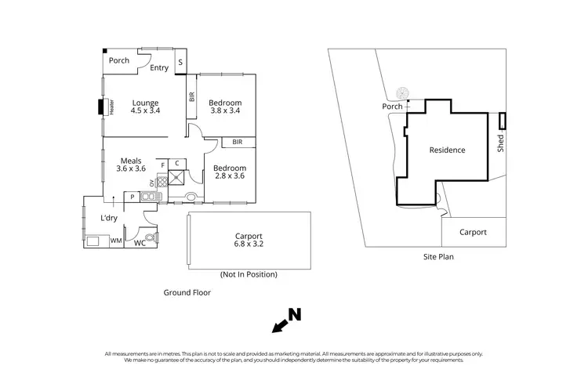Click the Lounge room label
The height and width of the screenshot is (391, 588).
pos(145,107)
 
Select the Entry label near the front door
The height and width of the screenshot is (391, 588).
pos(159,68)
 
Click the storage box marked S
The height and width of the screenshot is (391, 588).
pos(180,62)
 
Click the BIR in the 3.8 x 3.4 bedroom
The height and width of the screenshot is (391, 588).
pos(192,98)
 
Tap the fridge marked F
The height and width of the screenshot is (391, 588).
pos(162,165)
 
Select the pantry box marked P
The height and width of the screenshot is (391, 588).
pos(132,197)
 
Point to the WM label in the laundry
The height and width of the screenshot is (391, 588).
pos(115,241)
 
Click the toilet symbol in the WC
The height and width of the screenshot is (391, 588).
pos(151,237)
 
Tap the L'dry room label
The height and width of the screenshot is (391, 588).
pos(109,219)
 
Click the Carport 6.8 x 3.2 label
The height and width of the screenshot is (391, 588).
pos(248,240)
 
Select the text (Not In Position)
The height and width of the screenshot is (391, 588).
pos(248,274)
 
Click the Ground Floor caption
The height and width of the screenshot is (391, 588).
pos(187,292)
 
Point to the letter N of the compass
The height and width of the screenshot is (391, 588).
pos(294,315)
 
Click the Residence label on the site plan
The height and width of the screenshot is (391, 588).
pos(446,150)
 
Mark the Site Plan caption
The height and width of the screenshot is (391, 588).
pos(438,256)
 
